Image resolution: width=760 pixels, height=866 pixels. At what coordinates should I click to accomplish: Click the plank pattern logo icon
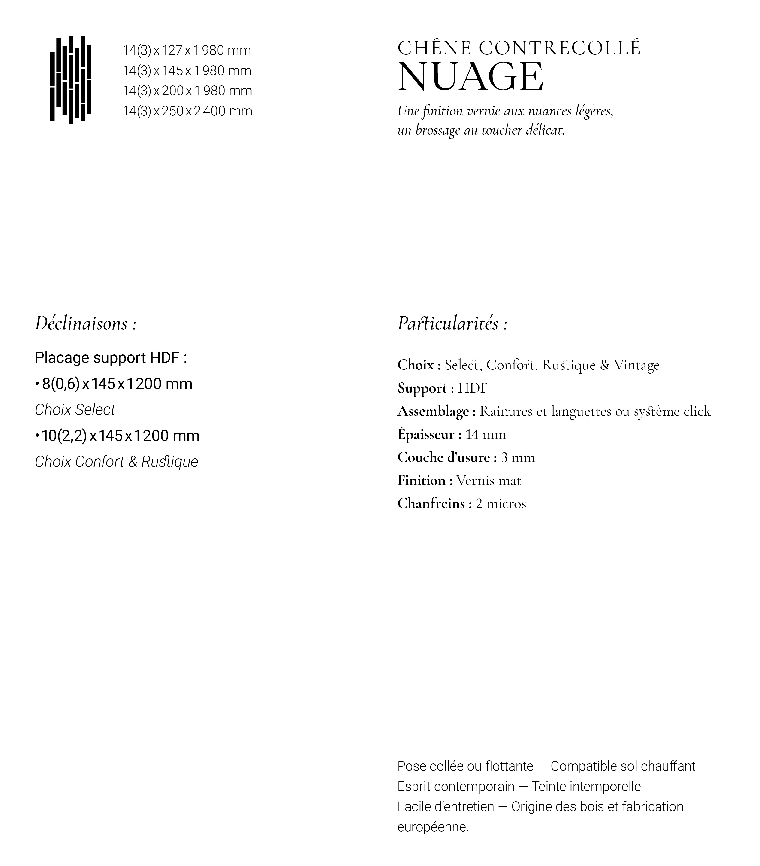tap(71, 80)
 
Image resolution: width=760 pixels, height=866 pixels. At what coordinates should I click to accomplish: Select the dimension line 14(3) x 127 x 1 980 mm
tap(187, 50)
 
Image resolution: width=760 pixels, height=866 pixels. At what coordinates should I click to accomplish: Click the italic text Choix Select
tap(75, 410)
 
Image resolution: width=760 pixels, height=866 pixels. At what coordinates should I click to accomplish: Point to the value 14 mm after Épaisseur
tap(486, 434)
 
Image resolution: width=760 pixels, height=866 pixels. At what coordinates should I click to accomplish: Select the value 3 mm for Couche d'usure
tap(518, 457)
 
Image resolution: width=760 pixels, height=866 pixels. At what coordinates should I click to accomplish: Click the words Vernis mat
tap(489, 480)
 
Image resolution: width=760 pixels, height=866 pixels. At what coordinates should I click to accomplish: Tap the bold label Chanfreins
tap(431, 504)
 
